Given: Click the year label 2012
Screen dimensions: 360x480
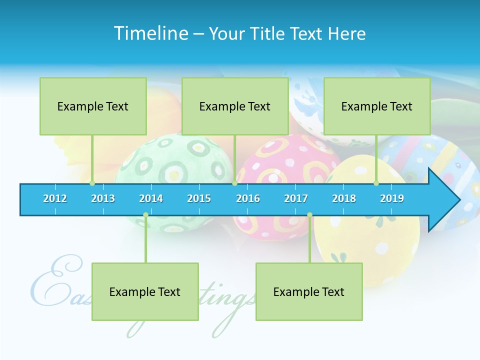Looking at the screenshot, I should (x=55, y=198).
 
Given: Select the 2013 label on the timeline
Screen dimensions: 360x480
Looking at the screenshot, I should (x=103, y=198).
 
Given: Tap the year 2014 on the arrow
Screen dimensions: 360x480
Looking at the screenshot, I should (x=151, y=198).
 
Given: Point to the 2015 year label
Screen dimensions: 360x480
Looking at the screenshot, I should (x=199, y=198).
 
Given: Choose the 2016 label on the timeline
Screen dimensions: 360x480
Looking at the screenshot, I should (x=248, y=198).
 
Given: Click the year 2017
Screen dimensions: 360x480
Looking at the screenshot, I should (x=296, y=198).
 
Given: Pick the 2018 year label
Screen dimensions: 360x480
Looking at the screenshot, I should (x=344, y=198).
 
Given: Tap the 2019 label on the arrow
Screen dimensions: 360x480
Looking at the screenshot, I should (x=392, y=198).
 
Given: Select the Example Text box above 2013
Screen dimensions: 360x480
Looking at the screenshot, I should (x=93, y=106).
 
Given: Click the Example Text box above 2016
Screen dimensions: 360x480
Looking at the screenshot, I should (x=235, y=106).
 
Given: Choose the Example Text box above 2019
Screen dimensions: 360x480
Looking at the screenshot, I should (x=377, y=106).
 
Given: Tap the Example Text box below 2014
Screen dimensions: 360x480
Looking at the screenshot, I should (x=145, y=292).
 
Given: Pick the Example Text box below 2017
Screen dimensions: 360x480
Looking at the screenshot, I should (x=309, y=292).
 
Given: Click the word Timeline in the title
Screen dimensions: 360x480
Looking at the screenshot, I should (x=150, y=33).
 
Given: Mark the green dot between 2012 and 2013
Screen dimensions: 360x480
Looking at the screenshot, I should (x=92, y=183).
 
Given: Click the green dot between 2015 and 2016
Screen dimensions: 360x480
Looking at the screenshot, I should (x=234, y=183).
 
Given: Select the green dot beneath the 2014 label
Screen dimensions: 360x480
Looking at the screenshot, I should (x=145, y=215).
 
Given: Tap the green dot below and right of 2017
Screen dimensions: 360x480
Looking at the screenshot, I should (x=309, y=215).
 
